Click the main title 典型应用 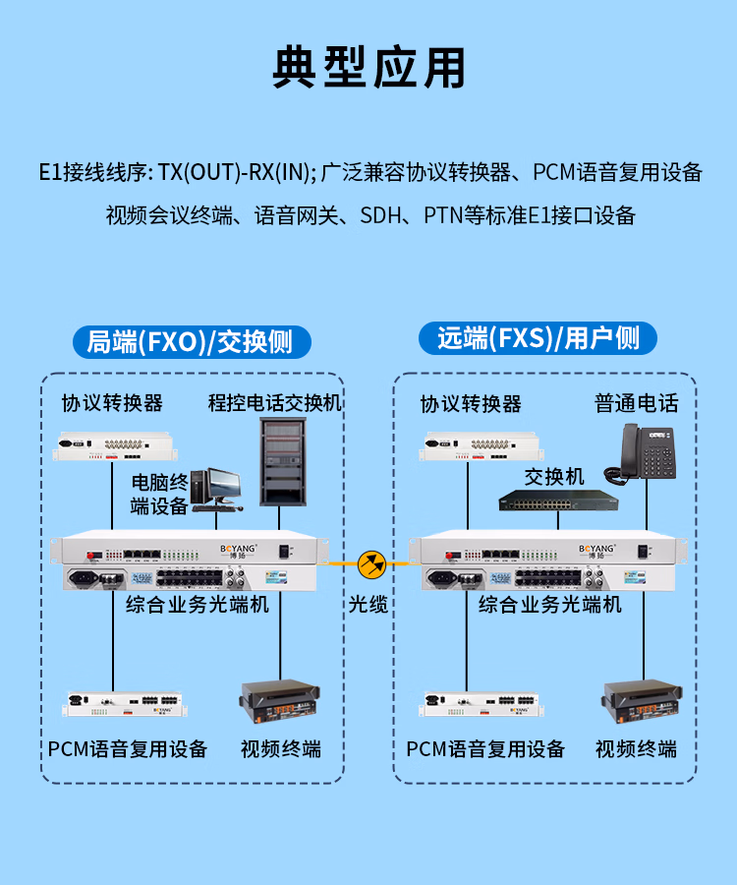368,67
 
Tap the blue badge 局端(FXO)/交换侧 191,341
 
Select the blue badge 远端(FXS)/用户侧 539,339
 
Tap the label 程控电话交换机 274,402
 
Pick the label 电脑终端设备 159,494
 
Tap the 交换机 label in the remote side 554,477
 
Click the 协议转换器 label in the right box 471,403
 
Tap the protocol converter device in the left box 113,446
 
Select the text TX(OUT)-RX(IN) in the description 237,173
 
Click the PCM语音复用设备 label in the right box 485,748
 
